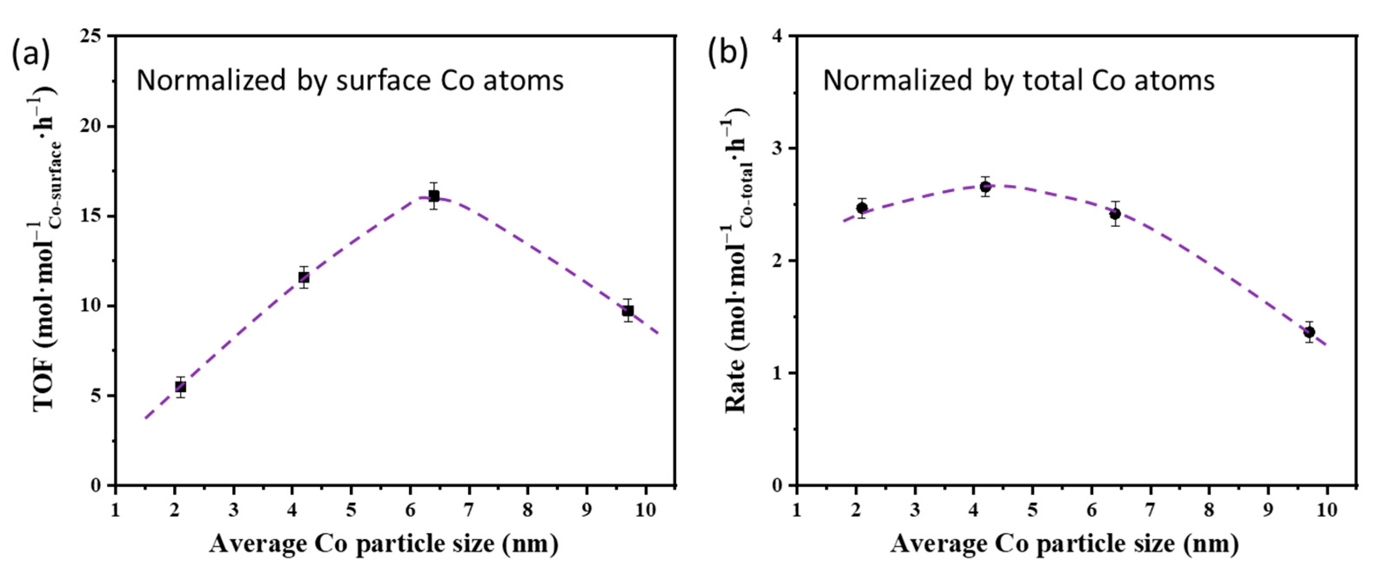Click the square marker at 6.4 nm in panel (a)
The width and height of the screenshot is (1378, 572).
click(434, 196)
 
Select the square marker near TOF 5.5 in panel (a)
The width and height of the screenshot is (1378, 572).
click(181, 387)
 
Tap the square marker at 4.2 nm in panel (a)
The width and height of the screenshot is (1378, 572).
click(304, 277)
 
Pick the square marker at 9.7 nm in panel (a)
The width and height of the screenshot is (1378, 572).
click(627, 311)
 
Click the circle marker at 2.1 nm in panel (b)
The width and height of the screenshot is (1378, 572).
click(862, 208)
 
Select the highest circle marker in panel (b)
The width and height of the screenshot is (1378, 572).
click(985, 187)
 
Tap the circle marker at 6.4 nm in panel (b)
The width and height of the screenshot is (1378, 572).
click(1115, 214)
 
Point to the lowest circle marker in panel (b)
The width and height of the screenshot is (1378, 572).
click(1309, 332)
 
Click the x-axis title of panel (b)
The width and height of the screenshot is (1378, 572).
click(1065, 544)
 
